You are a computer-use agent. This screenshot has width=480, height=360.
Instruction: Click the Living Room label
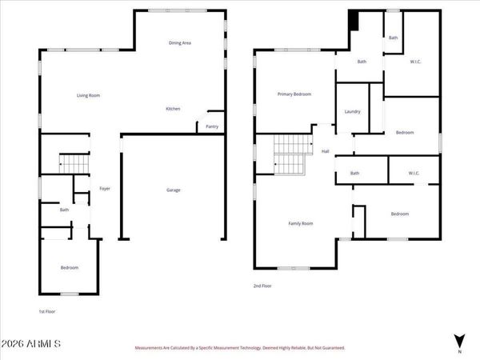(x=88, y=95)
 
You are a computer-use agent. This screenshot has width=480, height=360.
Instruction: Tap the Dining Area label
(x=179, y=42)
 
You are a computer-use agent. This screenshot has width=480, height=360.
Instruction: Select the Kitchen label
(x=173, y=109)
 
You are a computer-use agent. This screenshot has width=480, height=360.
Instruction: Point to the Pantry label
(x=212, y=126)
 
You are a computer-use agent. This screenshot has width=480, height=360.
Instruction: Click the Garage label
(x=173, y=190)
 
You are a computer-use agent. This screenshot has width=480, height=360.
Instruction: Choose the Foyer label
(x=104, y=189)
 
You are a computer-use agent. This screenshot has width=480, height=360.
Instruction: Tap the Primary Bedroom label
(x=294, y=94)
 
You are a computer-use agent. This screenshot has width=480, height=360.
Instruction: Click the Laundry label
(x=352, y=112)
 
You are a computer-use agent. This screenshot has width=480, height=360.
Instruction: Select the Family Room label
(x=300, y=223)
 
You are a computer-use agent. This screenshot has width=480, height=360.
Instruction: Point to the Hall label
(x=326, y=151)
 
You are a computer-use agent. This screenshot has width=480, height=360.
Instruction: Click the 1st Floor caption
(x=48, y=311)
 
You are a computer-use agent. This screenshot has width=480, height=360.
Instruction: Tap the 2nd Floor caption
(x=262, y=286)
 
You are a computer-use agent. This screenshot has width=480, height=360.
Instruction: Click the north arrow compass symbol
(x=458, y=342)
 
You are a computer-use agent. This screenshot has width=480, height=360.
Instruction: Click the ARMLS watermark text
(x=31, y=344)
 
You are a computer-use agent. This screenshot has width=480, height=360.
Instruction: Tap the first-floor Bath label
(x=65, y=210)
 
